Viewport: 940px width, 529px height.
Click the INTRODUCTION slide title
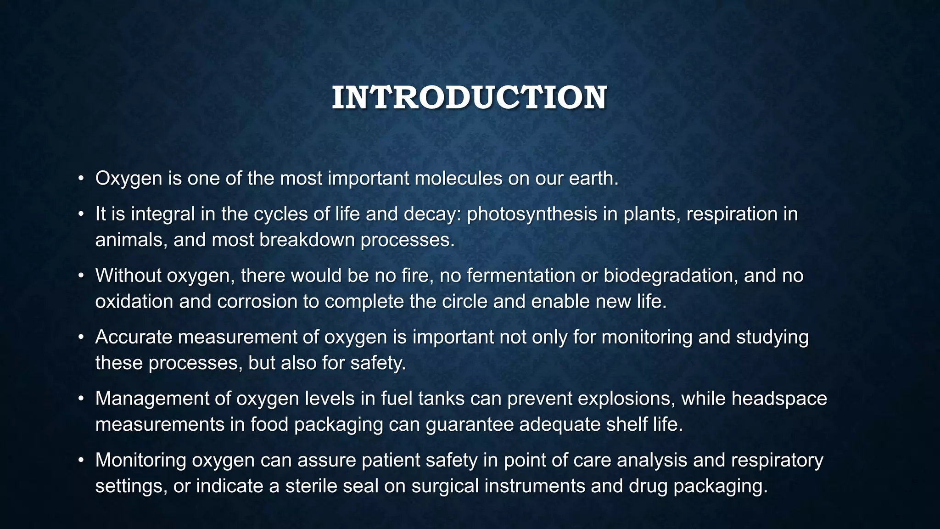point(469,98)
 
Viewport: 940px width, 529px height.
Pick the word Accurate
point(134,337)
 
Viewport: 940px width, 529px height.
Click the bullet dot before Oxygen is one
point(81,179)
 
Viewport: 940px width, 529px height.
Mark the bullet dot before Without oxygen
point(81,276)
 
